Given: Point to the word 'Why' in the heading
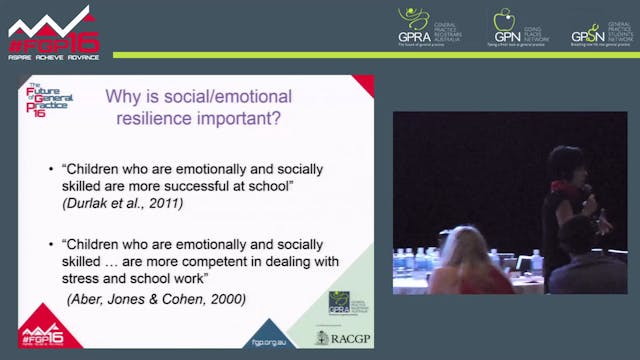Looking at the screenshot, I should [124, 96].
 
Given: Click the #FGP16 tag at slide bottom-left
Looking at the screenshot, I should [48, 334].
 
